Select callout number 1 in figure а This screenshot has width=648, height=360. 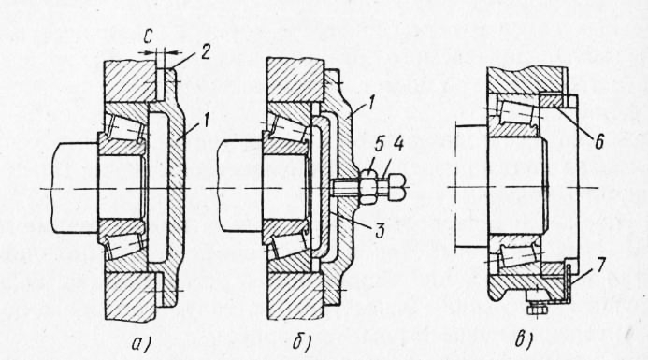[x=206, y=122]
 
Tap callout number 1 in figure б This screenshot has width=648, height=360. [x=369, y=102]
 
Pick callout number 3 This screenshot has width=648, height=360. [x=379, y=230]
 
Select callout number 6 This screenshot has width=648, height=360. [x=599, y=141]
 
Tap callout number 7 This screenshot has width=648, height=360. [x=599, y=266]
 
